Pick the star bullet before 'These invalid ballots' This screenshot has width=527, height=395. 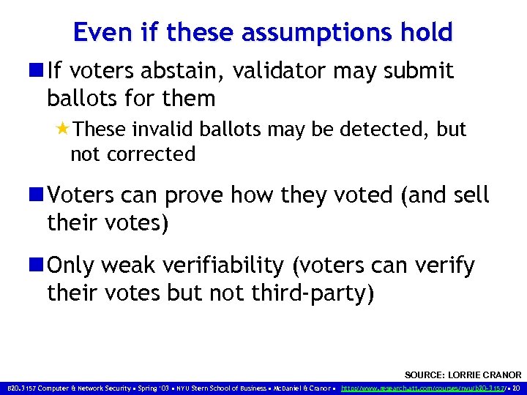(x=63, y=129)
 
